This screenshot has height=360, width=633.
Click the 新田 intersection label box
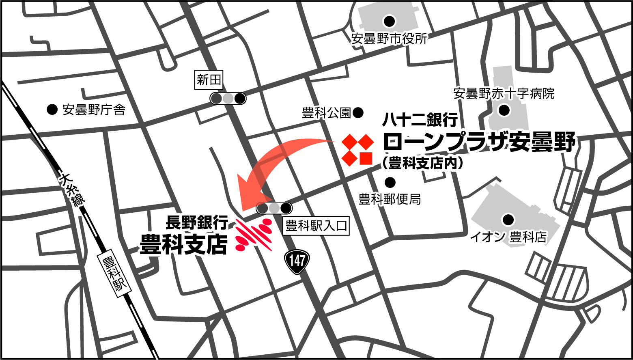point(209,80)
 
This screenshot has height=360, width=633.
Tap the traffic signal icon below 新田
point(228,98)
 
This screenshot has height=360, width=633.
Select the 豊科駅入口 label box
point(316,226)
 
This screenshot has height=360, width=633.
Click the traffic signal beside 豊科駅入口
point(274,208)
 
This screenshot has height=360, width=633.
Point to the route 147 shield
point(297,260)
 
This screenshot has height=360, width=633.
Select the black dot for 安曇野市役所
point(390,21)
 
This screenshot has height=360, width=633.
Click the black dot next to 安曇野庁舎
point(52,109)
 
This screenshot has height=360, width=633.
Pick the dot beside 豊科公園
point(358,113)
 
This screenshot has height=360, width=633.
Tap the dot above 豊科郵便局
point(390,182)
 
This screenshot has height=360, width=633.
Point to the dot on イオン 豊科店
point(508,220)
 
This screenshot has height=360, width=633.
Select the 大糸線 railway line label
point(72,191)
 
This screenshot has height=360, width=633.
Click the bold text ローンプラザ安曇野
point(479,142)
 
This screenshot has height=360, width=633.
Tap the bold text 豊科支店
point(183,244)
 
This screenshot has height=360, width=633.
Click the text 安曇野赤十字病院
point(504,94)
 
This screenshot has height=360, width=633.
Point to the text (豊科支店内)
point(422,163)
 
